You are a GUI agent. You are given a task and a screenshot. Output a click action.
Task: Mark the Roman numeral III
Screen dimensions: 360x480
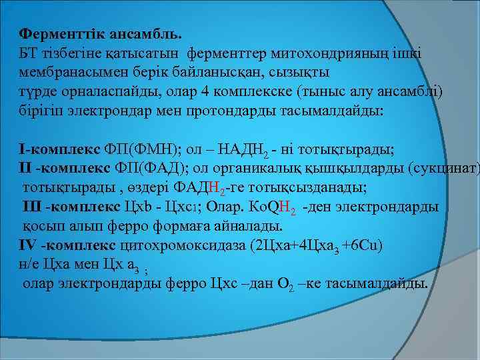point(33,207)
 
